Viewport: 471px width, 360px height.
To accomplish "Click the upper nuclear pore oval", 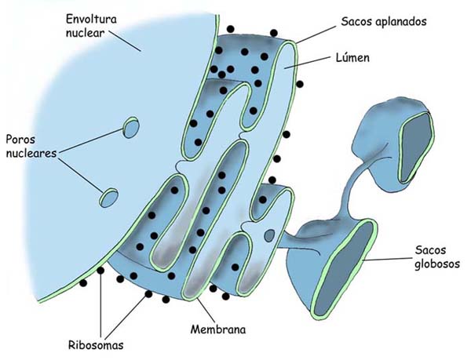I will [x=130, y=125].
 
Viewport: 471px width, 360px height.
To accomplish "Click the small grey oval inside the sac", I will [x=269, y=234].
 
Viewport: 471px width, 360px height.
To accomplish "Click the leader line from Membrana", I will [x=203, y=304].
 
